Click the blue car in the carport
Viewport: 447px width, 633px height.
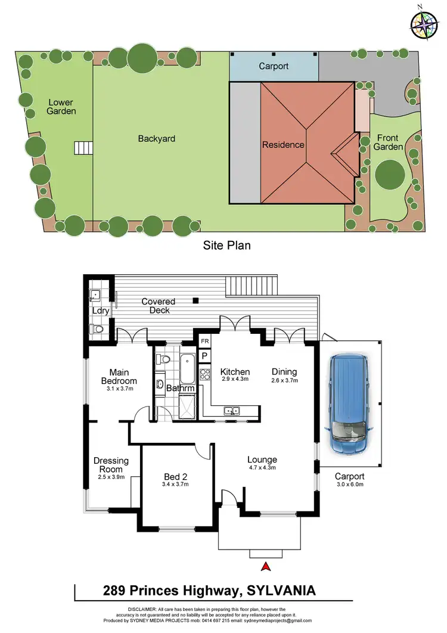[x=349, y=404]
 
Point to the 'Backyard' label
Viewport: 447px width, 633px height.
[x=157, y=138]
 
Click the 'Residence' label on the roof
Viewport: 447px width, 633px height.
[x=283, y=144]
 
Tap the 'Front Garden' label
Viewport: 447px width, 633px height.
[x=388, y=142]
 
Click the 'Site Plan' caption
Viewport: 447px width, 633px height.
[x=226, y=244]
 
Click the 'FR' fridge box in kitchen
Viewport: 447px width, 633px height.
[x=204, y=342]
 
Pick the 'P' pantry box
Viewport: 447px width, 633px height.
[x=204, y=356]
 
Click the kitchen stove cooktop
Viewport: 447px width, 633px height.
[x=204, y=374]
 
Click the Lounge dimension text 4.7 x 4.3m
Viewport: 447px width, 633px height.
[x=262, y=468]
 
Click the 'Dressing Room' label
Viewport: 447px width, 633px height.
[x=108, y=464]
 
